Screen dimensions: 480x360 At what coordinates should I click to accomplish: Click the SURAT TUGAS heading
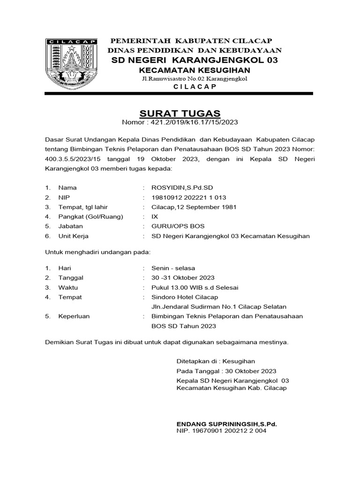[x=180, y=113]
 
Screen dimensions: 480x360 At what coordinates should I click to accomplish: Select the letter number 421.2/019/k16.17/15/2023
[x=193, y=122]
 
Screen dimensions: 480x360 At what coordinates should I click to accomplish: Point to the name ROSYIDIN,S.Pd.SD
[x=178, y=187]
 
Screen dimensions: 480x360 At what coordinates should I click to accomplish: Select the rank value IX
[x=155, y=217]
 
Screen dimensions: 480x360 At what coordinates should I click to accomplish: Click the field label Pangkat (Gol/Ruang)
[x=90, y=217]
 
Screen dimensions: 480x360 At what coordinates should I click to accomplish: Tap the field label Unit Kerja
[x=73, y=236]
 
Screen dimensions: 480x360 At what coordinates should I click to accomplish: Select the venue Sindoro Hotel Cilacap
[x=185, y=297]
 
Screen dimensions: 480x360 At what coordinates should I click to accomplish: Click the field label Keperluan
[x=74, y=316]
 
